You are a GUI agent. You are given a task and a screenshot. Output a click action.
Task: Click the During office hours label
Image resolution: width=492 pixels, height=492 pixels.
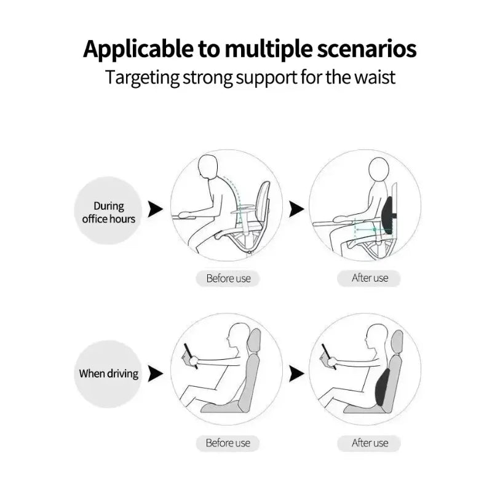pos(108,212)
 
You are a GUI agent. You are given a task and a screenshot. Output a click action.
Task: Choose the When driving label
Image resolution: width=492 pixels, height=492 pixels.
pos(108,373)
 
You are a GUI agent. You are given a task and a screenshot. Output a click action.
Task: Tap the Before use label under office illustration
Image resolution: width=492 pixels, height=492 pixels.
pos(228,279)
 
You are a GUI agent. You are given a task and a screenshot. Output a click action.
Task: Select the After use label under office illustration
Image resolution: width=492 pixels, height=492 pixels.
pos(370,278)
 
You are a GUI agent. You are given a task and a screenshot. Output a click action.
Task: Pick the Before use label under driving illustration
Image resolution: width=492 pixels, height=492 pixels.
pos(228,443)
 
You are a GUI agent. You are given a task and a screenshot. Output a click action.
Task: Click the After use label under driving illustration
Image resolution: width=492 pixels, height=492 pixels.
pos(370,443)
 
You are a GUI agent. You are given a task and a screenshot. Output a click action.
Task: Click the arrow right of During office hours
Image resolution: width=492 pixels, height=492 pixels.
pos(155,209)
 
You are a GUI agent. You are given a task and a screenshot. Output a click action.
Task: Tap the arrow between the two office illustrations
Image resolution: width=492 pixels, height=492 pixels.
pos(296,209)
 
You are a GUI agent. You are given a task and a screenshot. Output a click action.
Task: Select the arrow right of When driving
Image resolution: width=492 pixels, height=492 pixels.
pos(155,373)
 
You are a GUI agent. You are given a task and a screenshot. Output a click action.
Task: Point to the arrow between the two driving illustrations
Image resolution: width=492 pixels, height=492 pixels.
pos(296,373)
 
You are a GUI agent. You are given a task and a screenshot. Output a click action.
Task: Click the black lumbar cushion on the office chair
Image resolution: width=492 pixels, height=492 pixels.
pos(389,217)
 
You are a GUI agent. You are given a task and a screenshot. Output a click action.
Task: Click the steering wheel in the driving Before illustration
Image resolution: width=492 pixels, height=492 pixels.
pos(190,355)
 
